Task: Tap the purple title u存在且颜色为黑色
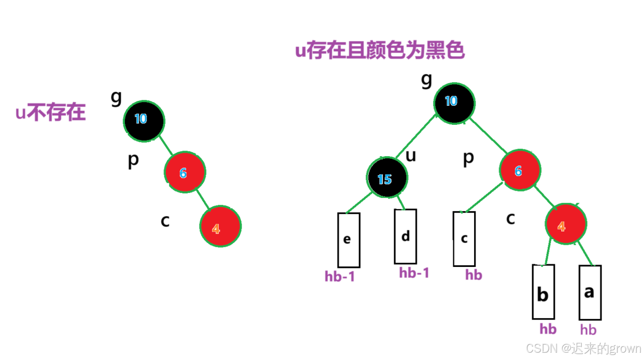point(380,51)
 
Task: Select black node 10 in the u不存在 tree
point(143,120)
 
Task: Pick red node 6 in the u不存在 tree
point(184,173)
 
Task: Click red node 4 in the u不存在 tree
point(220,227)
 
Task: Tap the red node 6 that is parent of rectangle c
point(520,171)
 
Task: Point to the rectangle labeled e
point(348,240)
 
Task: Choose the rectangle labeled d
point(405,237)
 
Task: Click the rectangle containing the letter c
point(464,239)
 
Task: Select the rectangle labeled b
point(543,292)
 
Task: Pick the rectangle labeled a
point(590,293)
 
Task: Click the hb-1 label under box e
point(340,276)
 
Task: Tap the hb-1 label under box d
point(414,272)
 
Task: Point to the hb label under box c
point(473,275)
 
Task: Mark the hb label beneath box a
point(588,329)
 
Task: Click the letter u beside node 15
point(411,156)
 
